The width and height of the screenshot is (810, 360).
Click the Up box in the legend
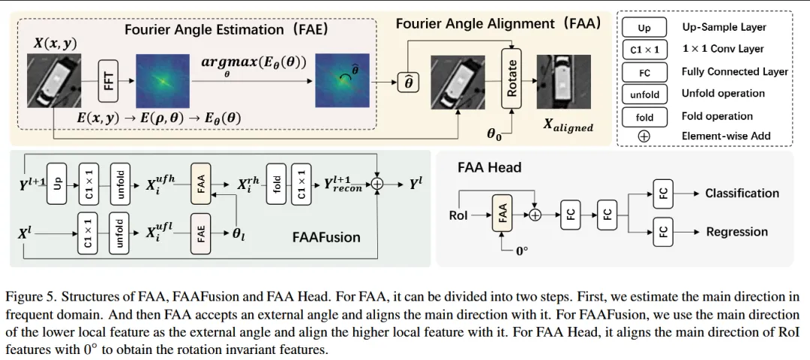click(x=644, y=28)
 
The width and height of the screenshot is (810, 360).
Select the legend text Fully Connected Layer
click(x=734, y=72)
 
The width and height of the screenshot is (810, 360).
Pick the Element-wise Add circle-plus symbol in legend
click(x=644, y=136)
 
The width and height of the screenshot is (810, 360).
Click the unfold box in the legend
click(x=644, y=94)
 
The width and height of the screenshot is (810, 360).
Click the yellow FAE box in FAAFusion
click(x=202, y=232)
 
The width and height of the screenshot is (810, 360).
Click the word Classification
click(x=742, y=193)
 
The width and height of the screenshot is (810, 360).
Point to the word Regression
click(x=736, y=232)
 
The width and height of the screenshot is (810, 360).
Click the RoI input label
click(x=458, y=216)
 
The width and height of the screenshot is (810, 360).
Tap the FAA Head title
click(x=489, y=168)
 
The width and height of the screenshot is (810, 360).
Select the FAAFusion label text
click(x=325, y=238)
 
